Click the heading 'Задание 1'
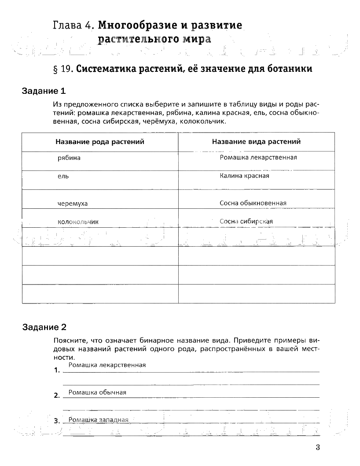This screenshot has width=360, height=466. [44, 91]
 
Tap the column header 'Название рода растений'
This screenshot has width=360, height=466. [100, 142]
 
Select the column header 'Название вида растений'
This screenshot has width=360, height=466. [256, 142]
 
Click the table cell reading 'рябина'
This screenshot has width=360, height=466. [69, 158]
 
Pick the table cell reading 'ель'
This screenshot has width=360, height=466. [63, 176]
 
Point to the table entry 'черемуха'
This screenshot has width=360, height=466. [73, 203]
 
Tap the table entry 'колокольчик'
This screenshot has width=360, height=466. [78, 222]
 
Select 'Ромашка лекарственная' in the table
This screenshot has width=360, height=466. [258, 157]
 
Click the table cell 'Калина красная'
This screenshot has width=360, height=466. [244, 176]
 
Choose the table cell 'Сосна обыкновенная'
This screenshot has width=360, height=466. [253, 203]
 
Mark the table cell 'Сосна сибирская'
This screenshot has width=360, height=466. [246, 222]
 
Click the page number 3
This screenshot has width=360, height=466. [317, 448]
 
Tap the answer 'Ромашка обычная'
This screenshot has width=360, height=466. [98, 392]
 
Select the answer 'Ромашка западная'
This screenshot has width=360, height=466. [99, 420]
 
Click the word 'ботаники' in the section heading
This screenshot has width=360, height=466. [292, 69]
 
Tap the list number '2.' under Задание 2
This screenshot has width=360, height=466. [57, 396]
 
